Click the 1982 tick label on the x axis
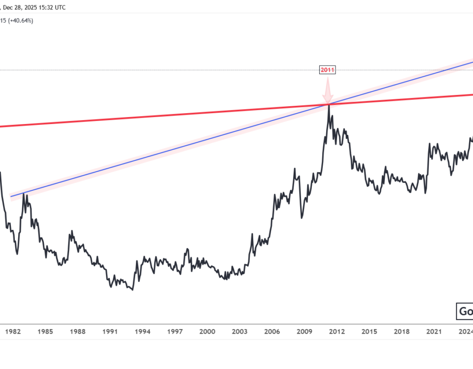point(13,332)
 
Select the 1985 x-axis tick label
point(45,332)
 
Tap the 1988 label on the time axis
point(78,332)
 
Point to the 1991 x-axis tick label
point(110,332)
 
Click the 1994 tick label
point(142,332)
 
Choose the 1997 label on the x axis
point(175,332)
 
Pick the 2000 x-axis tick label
point(207,332)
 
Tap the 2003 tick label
point(240,332)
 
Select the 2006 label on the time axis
point(272,332)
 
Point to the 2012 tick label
point(337,332)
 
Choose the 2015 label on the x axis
point(370,332)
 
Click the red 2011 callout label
point(328,70)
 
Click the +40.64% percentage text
point(21,21)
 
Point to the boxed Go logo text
point(465,311)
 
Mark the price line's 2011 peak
point(328,105)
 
